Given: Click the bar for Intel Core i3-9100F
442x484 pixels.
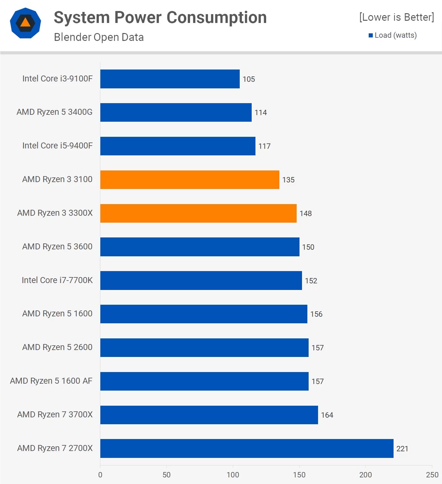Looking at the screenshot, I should (x=170, y=79).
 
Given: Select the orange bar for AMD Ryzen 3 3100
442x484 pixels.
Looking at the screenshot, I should (x=190, y=180).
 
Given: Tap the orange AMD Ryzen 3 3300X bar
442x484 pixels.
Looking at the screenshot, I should (x=198, y=213).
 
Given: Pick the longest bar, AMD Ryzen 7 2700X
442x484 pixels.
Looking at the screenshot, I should (x=247, y=448).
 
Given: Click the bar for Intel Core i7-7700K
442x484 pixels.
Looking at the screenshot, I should (x=201, y=281).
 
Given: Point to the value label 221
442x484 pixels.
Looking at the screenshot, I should (x=402, y=449).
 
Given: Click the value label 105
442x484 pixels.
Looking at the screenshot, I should (x=249, y=79).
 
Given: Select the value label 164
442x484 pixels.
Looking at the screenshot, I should (x=327, y=415).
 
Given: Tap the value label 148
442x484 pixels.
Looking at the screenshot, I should (x=305, y=214).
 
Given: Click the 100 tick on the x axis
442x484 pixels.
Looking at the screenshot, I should (x=233, y=475).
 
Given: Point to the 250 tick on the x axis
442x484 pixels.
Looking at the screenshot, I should (x=432, y=475).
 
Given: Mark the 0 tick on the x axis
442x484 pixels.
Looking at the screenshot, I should (x=100, y=475).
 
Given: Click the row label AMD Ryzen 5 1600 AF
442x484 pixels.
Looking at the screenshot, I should (x=51, y=381).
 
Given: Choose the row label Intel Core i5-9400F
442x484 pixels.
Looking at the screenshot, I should (x=58, y=146).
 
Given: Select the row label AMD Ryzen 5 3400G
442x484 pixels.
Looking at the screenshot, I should (x=54, y=112).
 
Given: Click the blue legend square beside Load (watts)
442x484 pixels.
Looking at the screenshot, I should (x=371, y=36).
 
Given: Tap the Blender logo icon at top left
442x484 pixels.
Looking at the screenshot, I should (x=25, y=23).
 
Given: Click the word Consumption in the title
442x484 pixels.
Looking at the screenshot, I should (x=216, y=18).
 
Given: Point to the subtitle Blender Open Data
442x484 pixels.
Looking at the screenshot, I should (x=99, y=37).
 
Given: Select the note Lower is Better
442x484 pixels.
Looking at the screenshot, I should (x=396, y=17).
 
